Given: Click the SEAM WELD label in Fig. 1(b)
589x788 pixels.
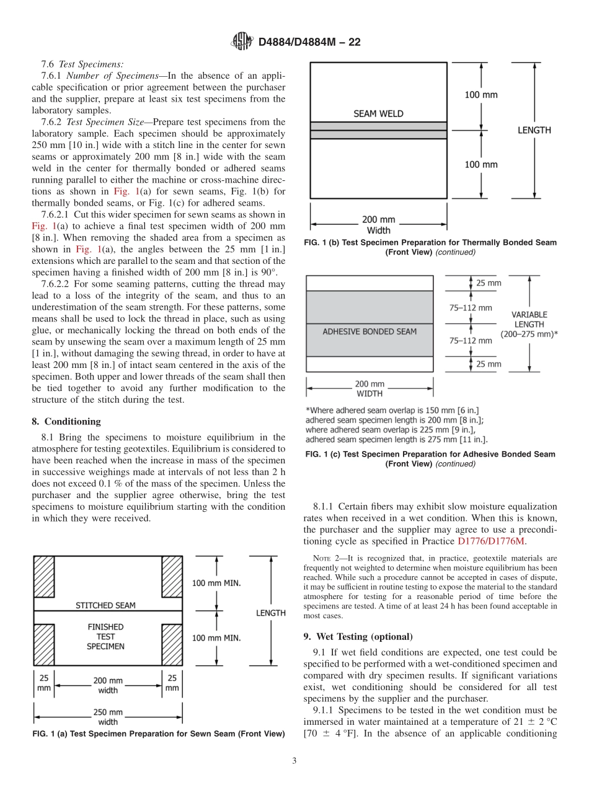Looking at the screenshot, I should pyautogui.click(x=378, y=113).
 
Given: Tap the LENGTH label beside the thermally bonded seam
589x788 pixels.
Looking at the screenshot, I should pyautogui.click(x=534, y=130).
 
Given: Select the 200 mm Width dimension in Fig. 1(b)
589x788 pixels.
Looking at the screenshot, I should pyautogui.click(x=378, y=225).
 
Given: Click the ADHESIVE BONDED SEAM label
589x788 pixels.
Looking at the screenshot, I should pyautogui.click(x=370, y=331).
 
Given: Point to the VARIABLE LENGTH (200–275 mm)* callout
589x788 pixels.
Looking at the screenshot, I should pyautogui.click(x=529, y=324).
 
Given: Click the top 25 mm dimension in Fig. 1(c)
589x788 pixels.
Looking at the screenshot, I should pyautogui.click(x=489, y=283).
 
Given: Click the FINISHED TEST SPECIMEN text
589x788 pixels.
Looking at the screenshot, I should pyautogui.click(x=105, y=636).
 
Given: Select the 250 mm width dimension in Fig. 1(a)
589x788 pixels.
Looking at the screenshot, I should pyautogui.click(x=108, y=717).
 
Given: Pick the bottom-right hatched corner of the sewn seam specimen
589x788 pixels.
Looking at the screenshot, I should pyautogui.click(x=172, y=645).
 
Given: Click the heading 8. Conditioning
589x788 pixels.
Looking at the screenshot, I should pyautogui.click(x=66, y=421).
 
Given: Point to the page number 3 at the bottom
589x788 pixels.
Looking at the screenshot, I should pyautogui.click(x=294, y=761).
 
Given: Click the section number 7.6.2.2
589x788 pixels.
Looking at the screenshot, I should pyautogui.click(x=56, y=284).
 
